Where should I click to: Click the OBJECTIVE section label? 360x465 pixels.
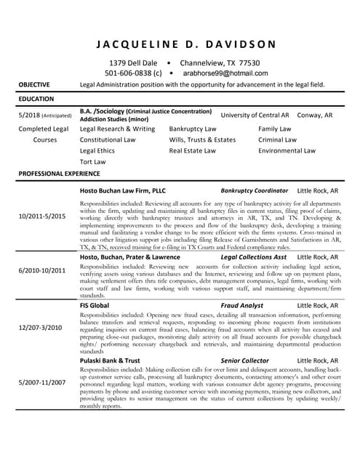click(x=35, y=84)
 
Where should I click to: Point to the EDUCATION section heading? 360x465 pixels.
click(x=36, y=97)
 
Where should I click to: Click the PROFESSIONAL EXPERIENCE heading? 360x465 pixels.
click(x=59, y=174)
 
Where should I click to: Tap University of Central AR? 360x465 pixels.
click(x=255, y=116)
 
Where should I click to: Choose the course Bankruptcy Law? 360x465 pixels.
click(x=193, y=128)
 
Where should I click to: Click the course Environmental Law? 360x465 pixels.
click(x=287, y=150)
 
